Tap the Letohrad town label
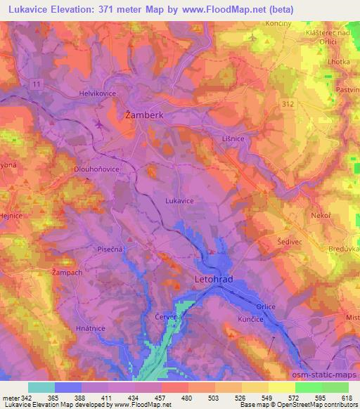pyautogui.click(x=212, y=279)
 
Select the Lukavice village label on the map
pyautogui.click(x=179, y=201)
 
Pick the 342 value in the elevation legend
pyautogui.click(x=27, y=397)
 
